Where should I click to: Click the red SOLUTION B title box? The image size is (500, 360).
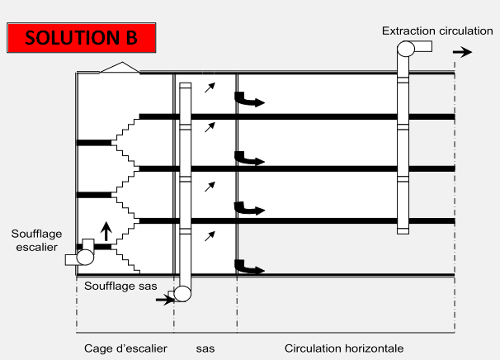(x=80, y=38)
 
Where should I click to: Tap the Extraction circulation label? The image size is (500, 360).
(x=437, y=31)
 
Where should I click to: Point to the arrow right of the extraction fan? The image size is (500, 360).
(x=462, y=52)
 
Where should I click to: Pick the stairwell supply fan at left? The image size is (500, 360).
(x=84, y=256)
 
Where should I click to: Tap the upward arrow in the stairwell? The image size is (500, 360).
(x=106, y=230)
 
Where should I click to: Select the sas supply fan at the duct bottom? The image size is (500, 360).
(x=182, y=293)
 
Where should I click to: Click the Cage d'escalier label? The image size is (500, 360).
(x=125, y=348)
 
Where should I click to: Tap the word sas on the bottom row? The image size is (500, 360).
(x=205, y=348)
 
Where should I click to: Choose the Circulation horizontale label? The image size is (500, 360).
(x=344, y=348)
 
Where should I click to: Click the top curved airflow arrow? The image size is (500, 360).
(x=249, y=101)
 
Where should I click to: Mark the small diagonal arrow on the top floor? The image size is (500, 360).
(x=210, y=85)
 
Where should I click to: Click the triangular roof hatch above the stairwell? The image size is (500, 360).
(x=120, y=68)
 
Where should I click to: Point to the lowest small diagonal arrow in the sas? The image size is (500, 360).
(x=210, y=236)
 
